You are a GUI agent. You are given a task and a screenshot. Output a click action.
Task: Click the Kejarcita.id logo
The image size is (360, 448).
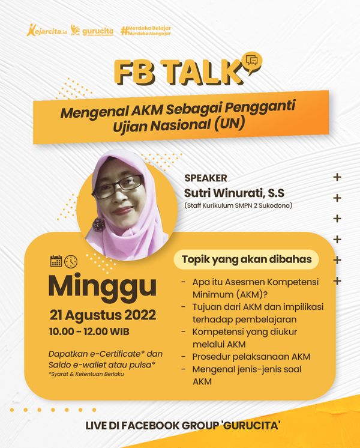click(x=47, y=30)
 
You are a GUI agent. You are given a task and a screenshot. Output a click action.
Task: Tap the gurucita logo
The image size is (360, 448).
click(x=92, y=31)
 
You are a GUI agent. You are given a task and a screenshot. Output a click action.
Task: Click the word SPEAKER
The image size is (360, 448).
click(x=206, y=178)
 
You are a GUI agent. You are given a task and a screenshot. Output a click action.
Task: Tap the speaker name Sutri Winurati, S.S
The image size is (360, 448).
click(x=234, y=193)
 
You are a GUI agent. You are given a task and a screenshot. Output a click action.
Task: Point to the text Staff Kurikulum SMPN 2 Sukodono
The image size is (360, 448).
click(x=238, y=205)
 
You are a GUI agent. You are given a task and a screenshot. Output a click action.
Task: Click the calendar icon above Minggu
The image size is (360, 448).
click(x=56, y=261)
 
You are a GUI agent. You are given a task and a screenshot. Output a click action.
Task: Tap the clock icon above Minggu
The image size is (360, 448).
click(x=71, y=261)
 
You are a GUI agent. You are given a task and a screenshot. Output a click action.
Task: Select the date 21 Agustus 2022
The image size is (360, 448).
click(x=103, y=315)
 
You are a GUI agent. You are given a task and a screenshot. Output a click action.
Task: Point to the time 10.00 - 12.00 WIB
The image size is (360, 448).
click(x=89, y=331)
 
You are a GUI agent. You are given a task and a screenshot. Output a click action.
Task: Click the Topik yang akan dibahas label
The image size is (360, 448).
click(x=247, y=259)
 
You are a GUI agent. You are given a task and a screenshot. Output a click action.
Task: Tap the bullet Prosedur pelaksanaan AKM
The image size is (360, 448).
click(x=251, y=357)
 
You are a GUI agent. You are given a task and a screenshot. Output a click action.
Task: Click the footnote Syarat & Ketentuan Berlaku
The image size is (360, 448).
click(x=86, y=374)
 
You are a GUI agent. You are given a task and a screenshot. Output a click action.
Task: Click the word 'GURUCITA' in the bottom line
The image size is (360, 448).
click(x=251, y=426)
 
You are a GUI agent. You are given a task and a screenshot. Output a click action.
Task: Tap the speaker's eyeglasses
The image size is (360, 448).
click(x=119, y=186)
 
